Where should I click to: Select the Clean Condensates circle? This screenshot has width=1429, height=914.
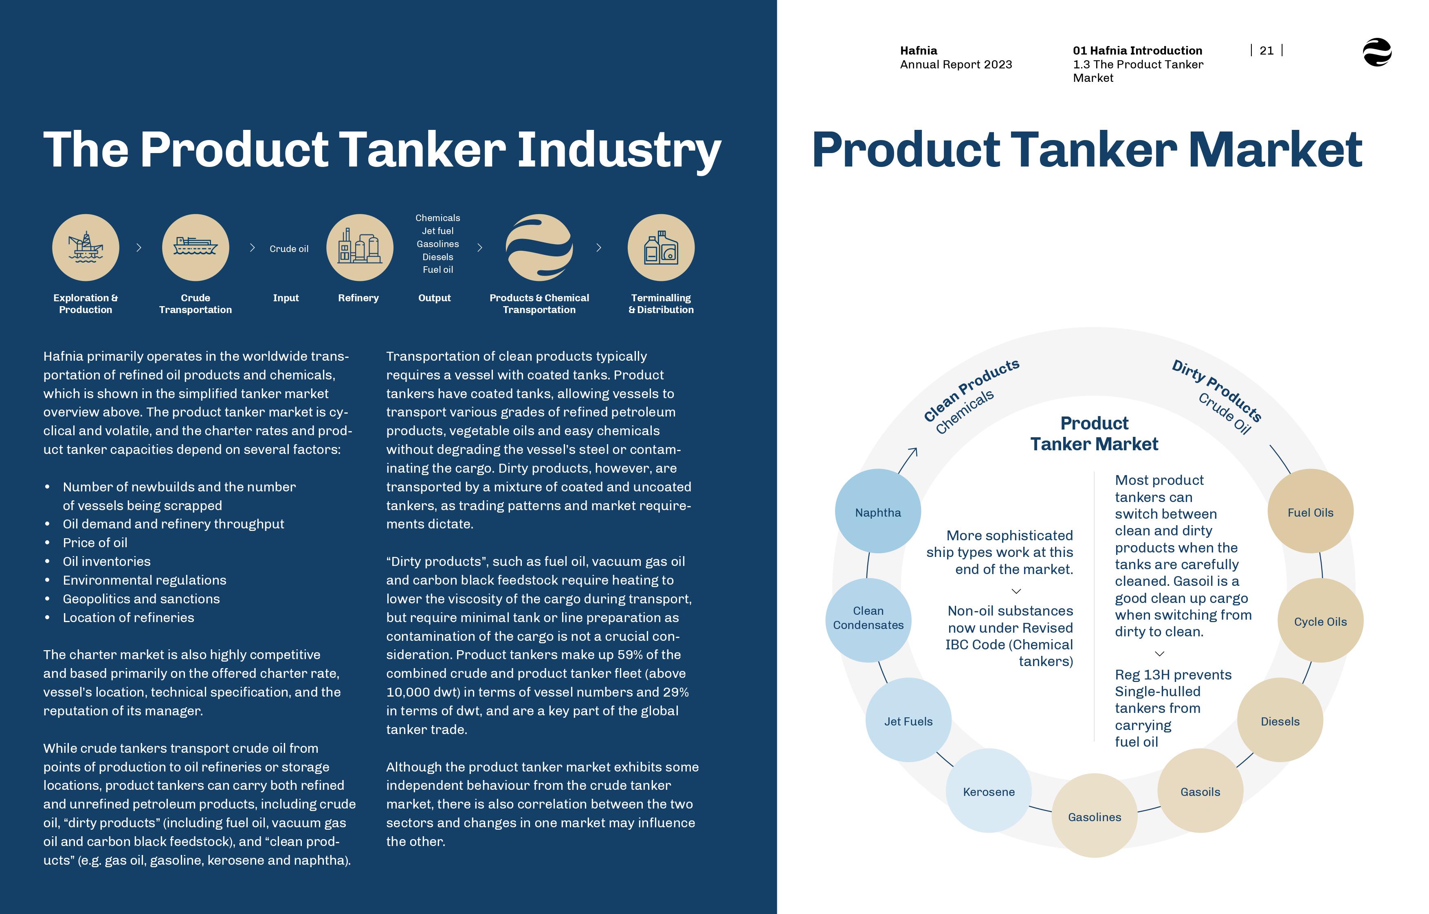pos(868,620)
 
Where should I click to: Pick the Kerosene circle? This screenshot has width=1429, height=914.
pos(989,791)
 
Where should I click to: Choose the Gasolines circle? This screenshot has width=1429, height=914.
pos(1095,815)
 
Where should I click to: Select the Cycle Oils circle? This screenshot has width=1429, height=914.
pos(1320,620)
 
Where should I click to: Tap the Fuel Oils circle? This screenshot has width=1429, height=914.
pos(1310,511)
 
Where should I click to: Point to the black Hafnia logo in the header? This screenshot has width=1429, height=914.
pos(1377,52)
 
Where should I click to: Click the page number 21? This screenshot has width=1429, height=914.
pos(1266,51)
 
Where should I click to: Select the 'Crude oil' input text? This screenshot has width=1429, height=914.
pos(289,249)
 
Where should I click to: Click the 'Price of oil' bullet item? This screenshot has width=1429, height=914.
pos(95,542)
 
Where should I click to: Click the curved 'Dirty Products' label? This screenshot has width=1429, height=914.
pos(1217,390)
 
